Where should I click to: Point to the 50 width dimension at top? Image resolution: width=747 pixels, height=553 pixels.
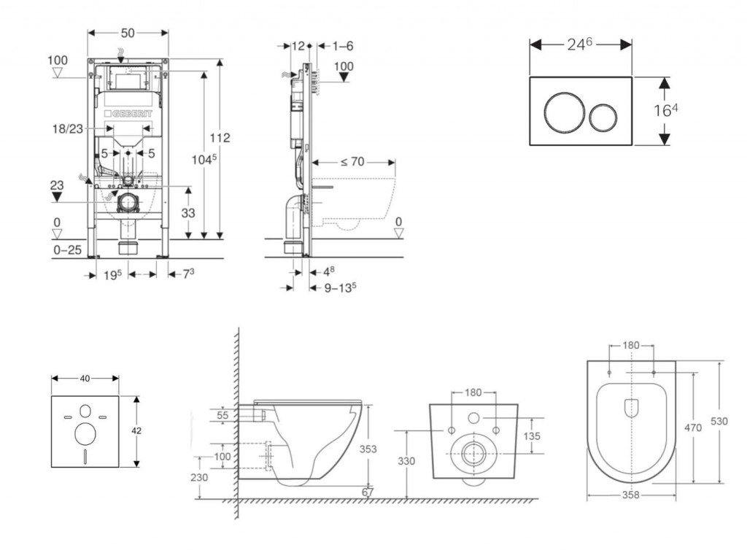(x=128, y=33)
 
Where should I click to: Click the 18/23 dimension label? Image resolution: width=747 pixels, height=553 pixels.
(x=68, y=128)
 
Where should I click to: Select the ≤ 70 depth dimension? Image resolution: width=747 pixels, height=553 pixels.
(x=352, y=161)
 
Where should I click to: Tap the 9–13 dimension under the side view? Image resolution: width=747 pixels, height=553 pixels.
(x=341, y=287)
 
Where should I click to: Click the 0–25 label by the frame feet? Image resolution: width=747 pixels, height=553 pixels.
(x=68, y=250)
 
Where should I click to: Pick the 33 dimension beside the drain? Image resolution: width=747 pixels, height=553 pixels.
(x=187, y=213)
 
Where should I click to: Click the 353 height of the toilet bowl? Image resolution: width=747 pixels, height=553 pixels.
(x=368, y=449)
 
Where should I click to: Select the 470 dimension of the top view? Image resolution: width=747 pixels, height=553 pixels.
(x=694, y=428)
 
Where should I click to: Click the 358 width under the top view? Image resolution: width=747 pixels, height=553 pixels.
(x=631, y=495)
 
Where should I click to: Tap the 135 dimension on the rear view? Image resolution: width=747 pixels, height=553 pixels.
(x=531, y=436)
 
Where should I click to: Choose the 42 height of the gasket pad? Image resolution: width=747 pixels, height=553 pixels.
(x=136, y=431)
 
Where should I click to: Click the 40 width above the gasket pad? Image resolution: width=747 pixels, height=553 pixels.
(x=85, y=378)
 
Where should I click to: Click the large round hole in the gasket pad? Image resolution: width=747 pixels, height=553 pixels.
(x=85, y=434)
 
